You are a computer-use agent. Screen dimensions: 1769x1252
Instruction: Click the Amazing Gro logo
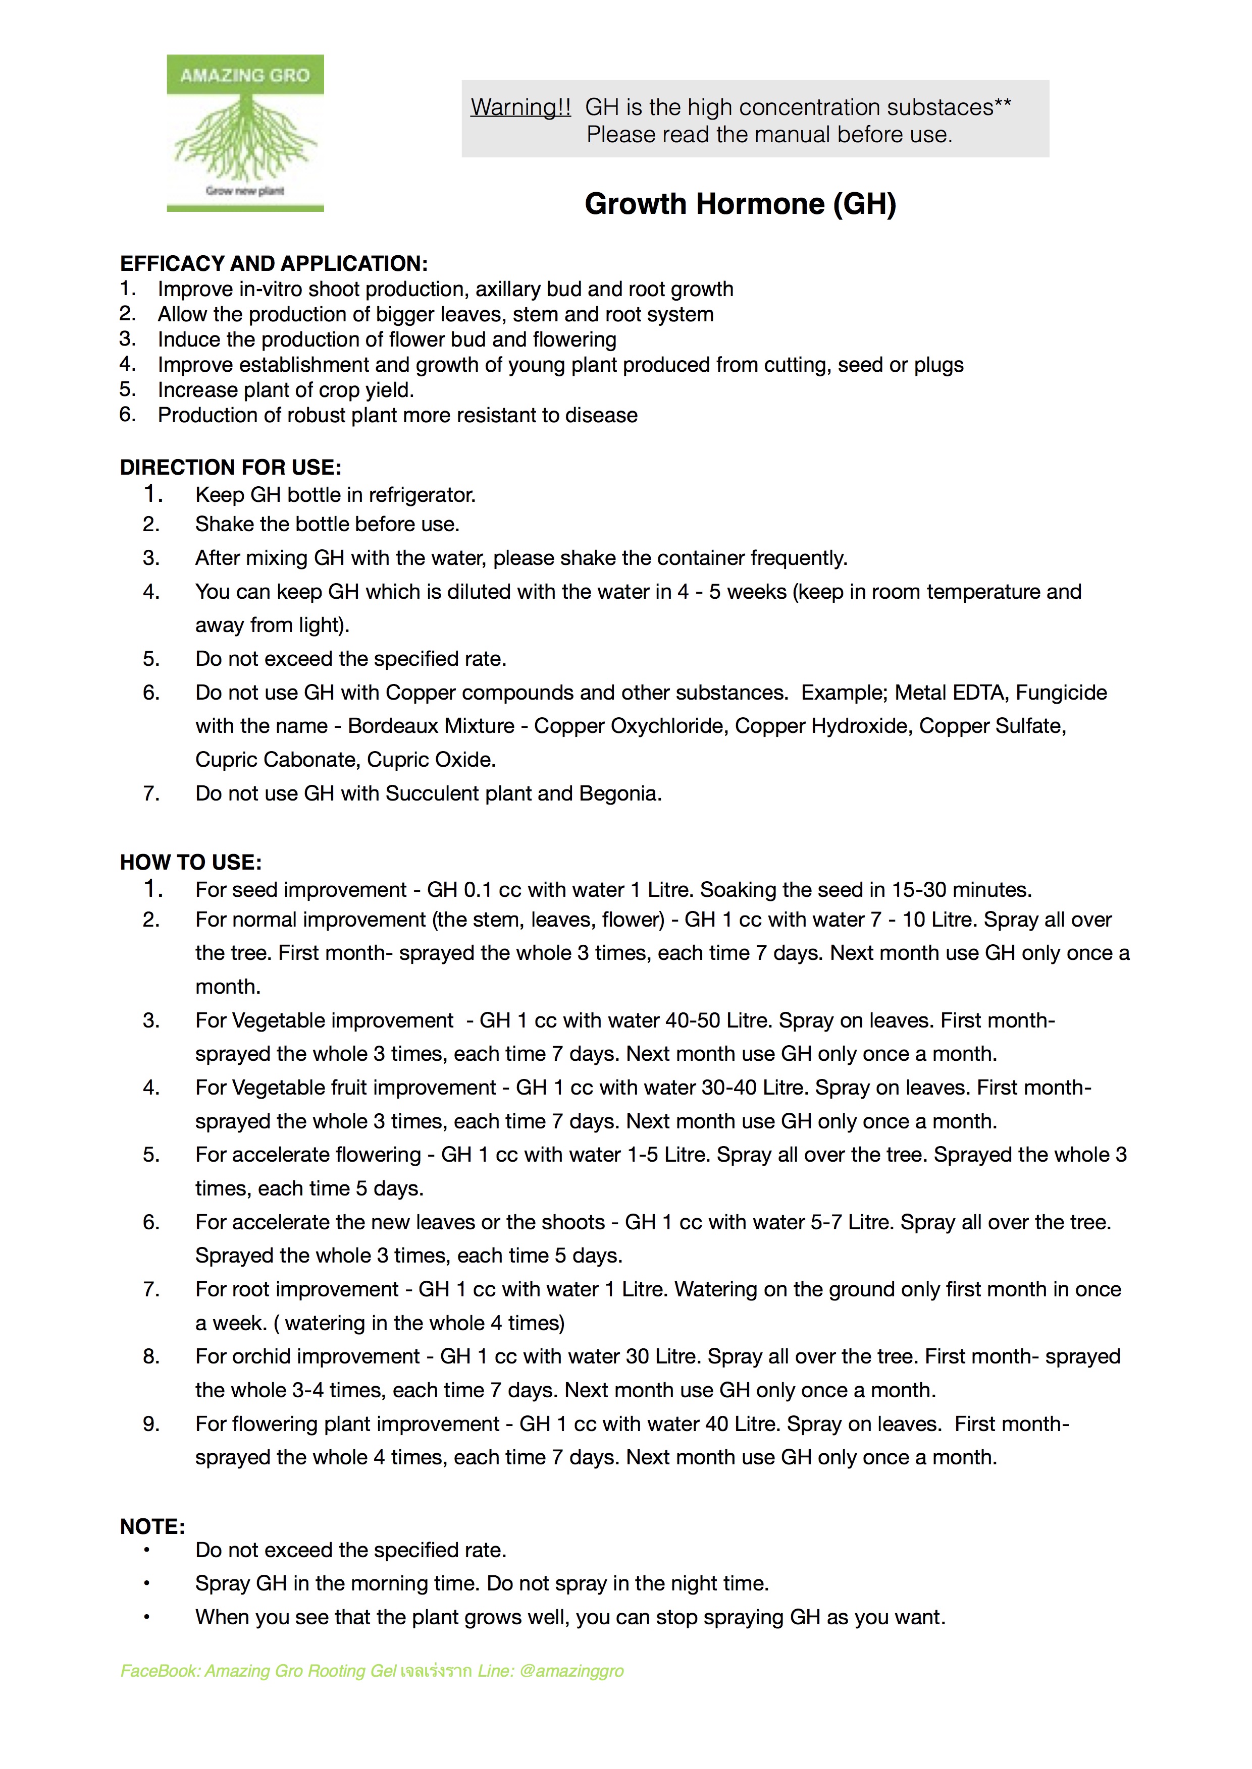[245, 133]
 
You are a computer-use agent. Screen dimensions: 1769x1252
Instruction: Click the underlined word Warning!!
[520, 107]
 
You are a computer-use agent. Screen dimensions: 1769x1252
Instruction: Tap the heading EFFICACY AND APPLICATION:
[274, 263]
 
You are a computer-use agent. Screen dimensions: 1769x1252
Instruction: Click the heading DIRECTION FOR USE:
[231, 468]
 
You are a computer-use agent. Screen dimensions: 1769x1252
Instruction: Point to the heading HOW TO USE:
[190, 862]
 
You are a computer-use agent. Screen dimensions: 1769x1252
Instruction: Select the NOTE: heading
[152, 1526]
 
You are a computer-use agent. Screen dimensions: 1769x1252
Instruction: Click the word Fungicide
[1061, 693]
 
